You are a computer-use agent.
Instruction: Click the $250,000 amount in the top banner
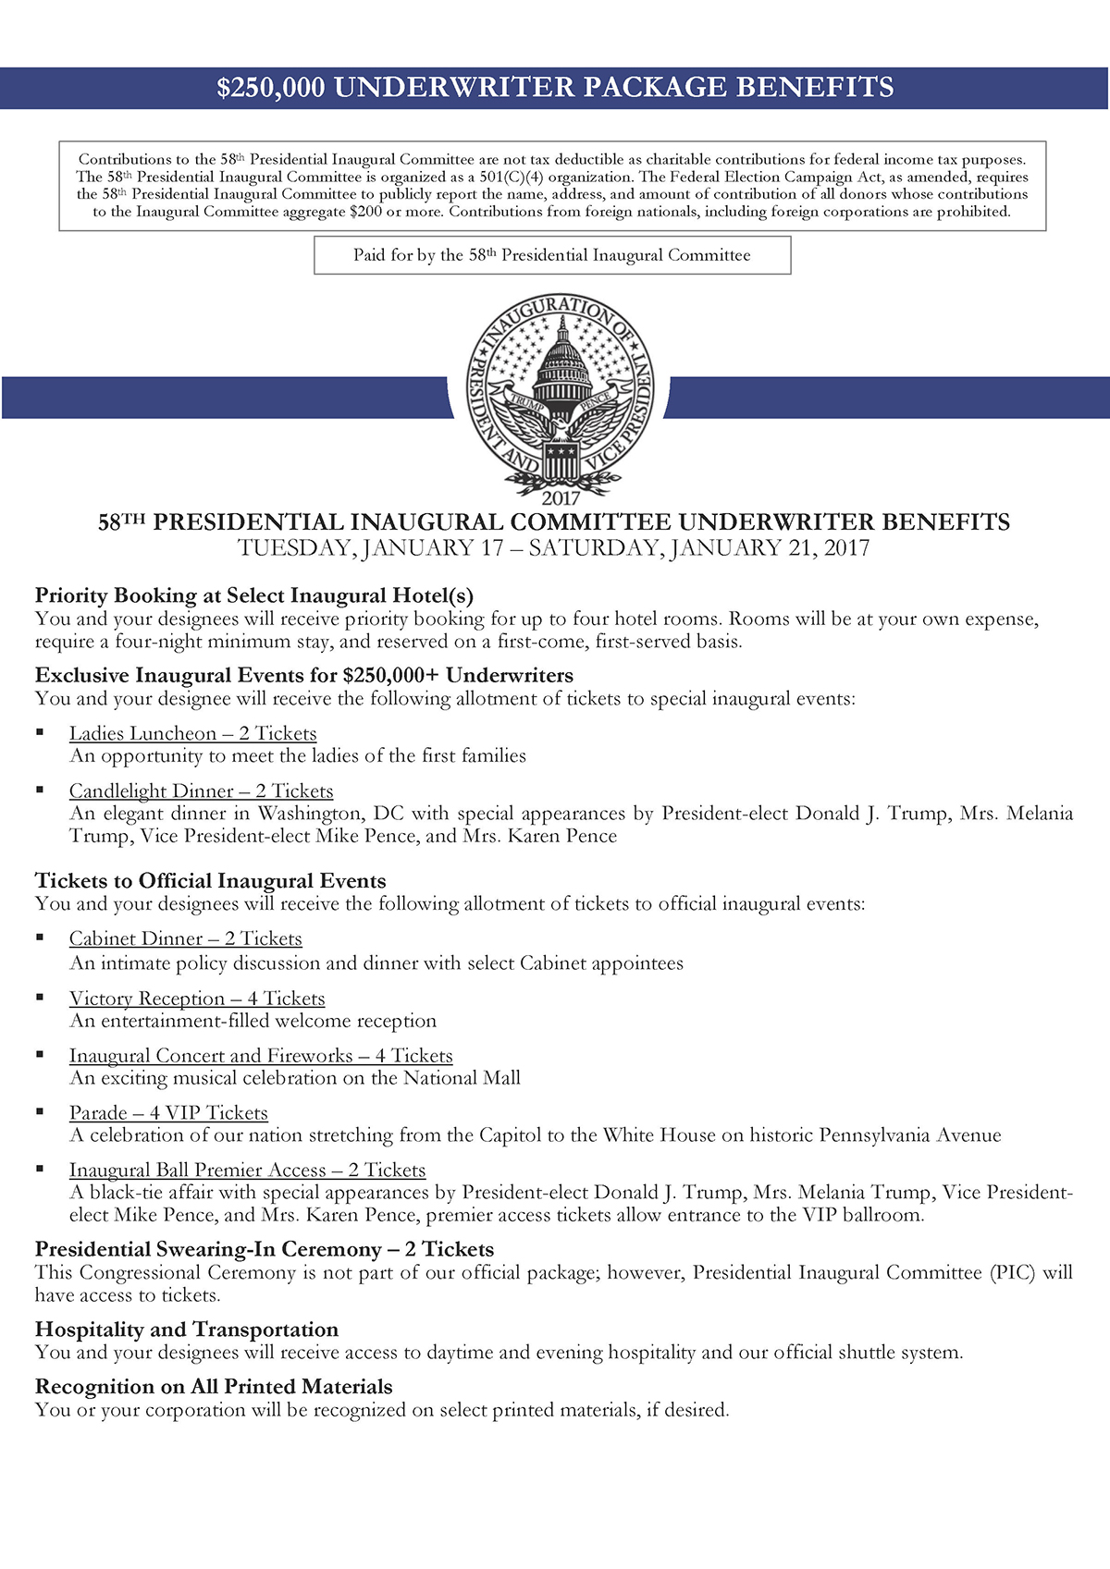[271, 88]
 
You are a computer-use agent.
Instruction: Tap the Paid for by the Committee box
[552, 255]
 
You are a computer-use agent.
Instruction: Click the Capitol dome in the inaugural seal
[561, 356]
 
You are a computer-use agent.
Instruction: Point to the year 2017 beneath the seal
[561, 497]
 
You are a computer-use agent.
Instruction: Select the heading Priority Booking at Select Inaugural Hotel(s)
[254, 595]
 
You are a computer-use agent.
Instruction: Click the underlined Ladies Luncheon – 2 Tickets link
[192, 733]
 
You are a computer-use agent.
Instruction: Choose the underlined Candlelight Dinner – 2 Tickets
[201, 791]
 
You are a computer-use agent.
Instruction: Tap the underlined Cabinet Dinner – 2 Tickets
[185, 938]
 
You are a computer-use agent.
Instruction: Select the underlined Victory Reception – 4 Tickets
[197, 999]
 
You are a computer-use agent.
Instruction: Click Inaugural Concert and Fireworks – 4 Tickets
[261, 1056]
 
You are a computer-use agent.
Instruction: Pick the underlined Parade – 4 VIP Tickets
[168, 1113]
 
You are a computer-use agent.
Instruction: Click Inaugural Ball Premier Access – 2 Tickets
[247, 1171]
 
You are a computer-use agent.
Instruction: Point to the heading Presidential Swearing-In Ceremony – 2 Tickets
[265, 1250]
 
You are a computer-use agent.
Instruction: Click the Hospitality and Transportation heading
[187, 1330]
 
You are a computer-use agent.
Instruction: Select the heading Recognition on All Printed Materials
[214, 1387]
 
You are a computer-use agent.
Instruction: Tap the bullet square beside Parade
[40, 1111]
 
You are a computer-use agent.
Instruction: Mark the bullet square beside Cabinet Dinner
[40, 937]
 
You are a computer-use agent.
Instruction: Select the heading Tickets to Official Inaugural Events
[211, 881]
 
